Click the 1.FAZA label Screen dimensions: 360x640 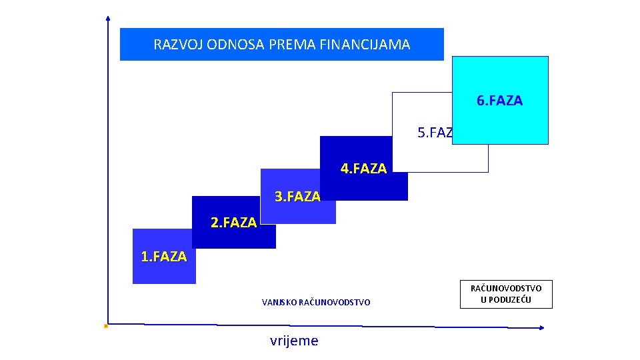pyautogui.click(x=164, y=256)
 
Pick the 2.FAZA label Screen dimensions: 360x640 pyautogui.click(x=233, y=223)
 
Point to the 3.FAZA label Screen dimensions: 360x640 pyautogui.click(x=297, y=196)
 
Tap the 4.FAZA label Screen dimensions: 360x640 pyautogui.click(x=363, y=169)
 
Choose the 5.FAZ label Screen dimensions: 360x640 pyautogui.click(x=435, y=133)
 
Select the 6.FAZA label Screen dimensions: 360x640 pyautogui.click(x=499, y=101)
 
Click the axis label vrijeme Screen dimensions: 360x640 pyautogui.click(x=294, y=341)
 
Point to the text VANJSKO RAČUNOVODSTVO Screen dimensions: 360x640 pyautogui.click(x=316, y=303)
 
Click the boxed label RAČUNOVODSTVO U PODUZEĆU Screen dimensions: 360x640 pyautogui.click(x=506, y=293)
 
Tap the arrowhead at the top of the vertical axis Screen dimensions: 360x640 pyautogui.click(x=108, y=18)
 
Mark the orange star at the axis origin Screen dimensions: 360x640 pyautogui.click(x=106, y=326)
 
